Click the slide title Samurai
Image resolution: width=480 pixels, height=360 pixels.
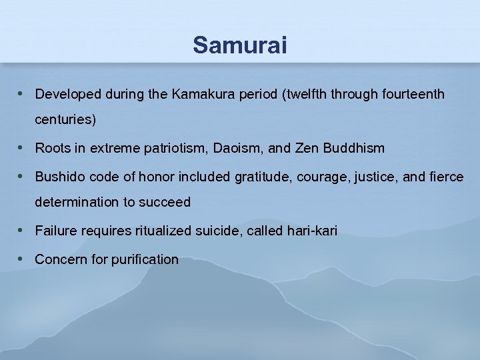[x=240, y=45]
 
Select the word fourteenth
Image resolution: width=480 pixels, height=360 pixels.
[x=413, y=95]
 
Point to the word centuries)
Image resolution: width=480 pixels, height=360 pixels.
[x=65, y=121]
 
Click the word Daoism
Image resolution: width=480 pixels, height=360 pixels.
[x=238, y=148]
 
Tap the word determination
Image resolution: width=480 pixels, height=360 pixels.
[x=73, y=202]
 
